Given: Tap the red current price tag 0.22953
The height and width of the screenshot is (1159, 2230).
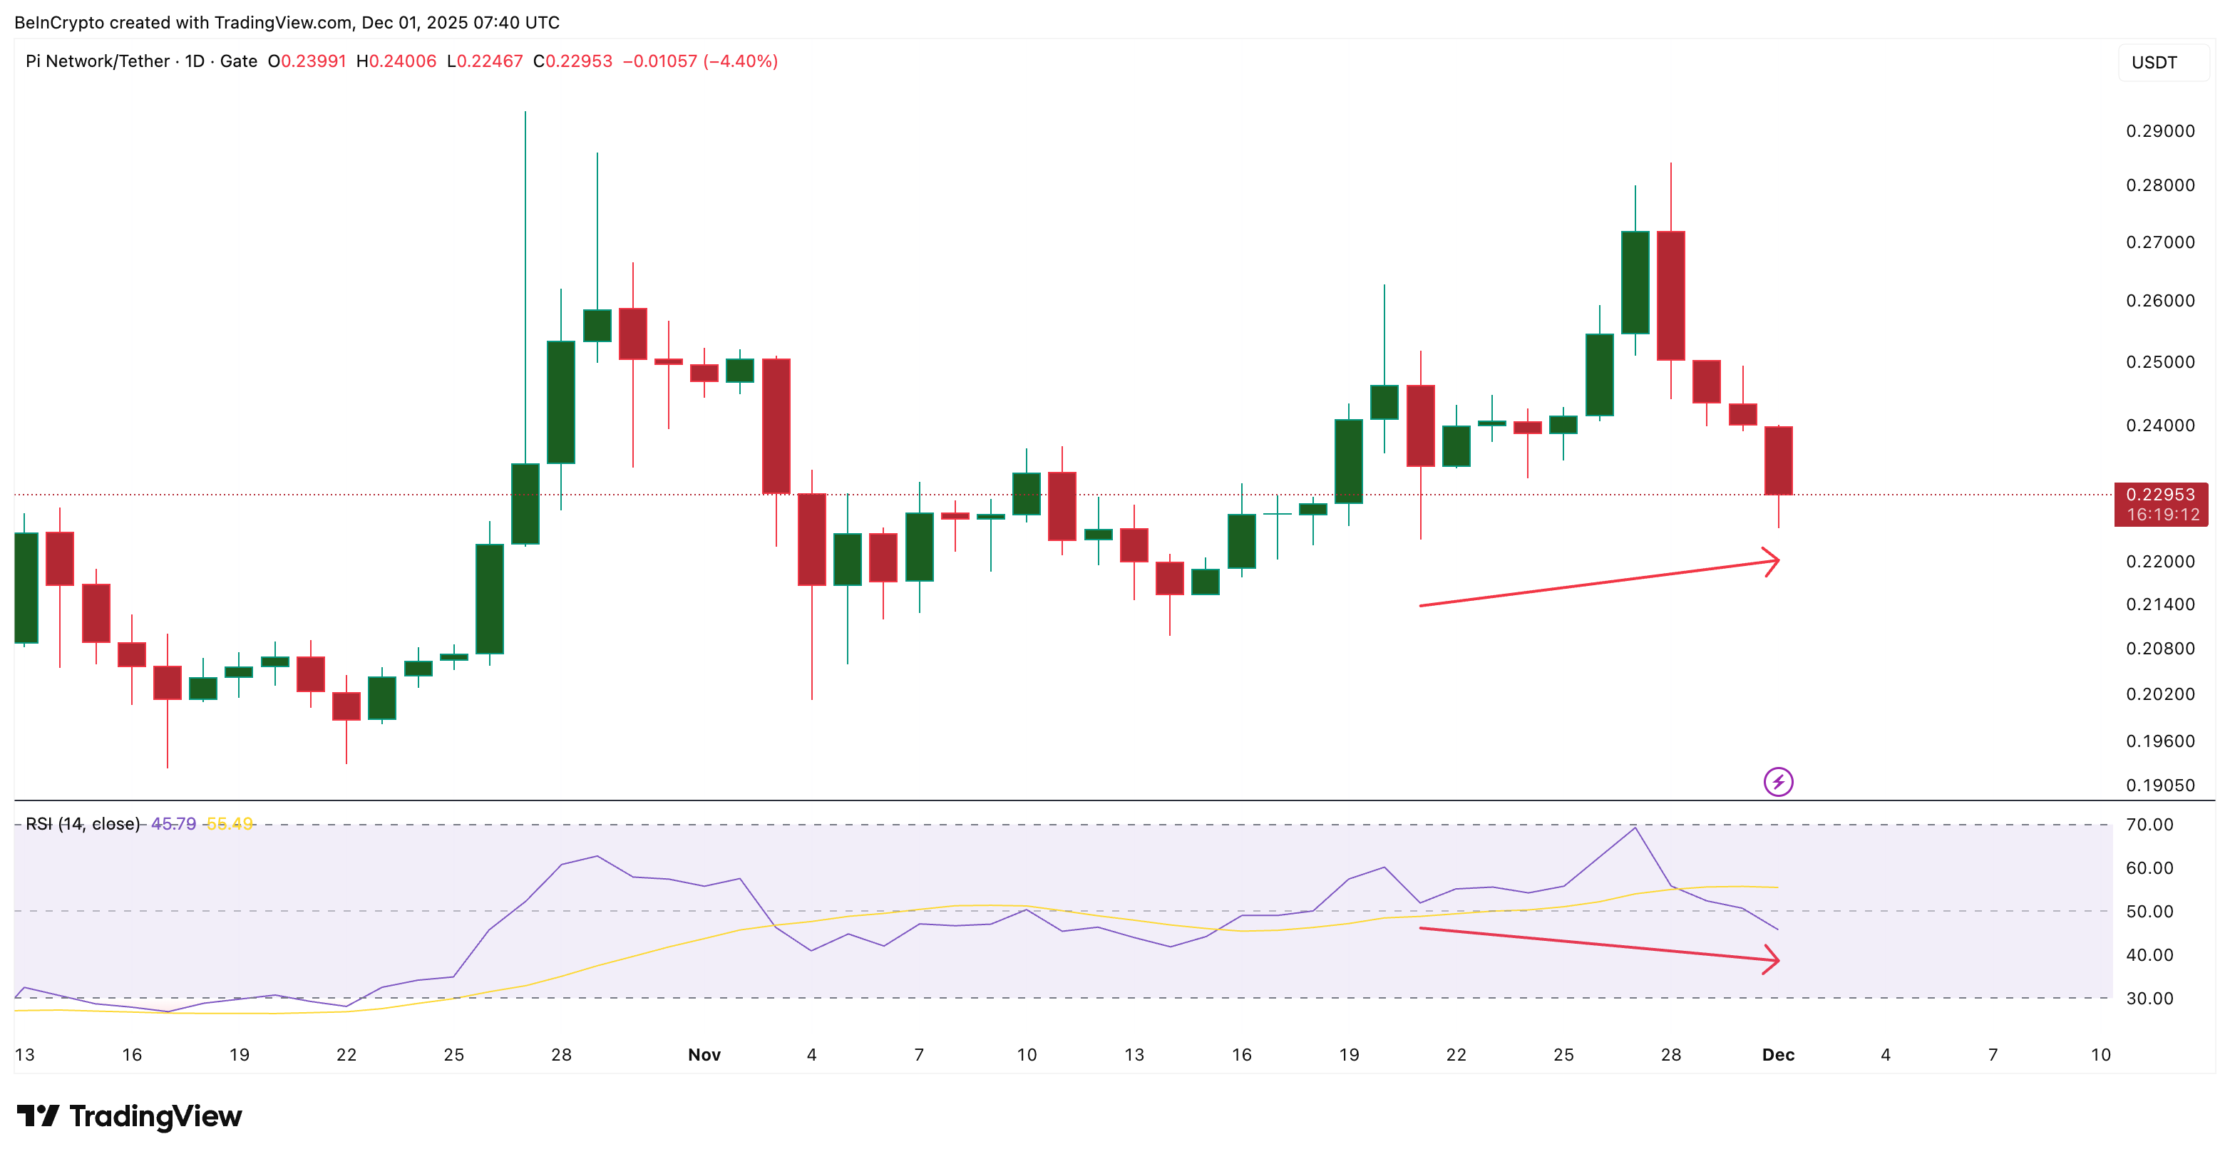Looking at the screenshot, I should click(x=2161, y=504).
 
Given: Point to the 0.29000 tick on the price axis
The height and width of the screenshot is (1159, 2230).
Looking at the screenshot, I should click(x=2160, y=130).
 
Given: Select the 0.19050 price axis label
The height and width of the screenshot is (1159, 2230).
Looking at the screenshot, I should click(x=2160, y=785).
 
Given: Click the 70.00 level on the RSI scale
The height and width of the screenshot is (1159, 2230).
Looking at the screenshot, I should click(x=2149, y=824).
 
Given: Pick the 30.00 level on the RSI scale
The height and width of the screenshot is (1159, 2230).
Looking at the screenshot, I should click(x=2149, y=998).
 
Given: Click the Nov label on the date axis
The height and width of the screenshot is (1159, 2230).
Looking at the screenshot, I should click(x=704, y=1054).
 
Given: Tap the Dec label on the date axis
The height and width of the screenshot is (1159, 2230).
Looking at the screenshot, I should click(x=1778, y=1054).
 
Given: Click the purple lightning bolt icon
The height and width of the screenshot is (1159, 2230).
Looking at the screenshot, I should click(x=1778, y=782).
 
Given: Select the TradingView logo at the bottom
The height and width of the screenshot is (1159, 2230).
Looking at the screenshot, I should click(x=130, y=1116).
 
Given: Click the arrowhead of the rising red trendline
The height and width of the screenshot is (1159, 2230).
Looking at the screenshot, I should click(x=1773, y=562).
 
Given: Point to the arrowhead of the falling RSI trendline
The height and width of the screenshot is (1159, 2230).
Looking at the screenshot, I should click(x=1773, y=959).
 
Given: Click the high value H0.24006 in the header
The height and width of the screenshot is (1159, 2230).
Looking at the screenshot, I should click(x=396, y=61).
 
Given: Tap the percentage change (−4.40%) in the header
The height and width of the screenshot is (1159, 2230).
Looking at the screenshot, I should click(x=740, y=61).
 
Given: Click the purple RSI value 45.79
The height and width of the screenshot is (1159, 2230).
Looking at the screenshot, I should click(x=173, y=824).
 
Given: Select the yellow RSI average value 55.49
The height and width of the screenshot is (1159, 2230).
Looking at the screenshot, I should click(x=230, y=824).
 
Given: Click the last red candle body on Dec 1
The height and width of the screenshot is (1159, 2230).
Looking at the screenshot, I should click(x=1778, y=460).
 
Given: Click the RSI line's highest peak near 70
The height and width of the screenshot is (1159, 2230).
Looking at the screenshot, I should click(x=1635, y=828).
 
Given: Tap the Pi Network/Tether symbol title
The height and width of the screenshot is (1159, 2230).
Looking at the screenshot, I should click(x=98, y=61).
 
